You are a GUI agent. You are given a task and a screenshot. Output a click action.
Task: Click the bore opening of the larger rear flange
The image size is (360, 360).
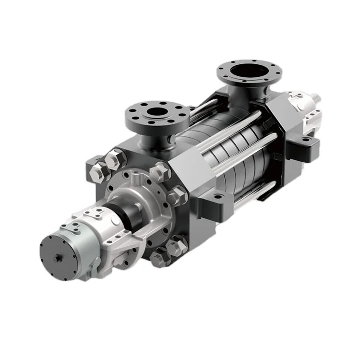244,72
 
